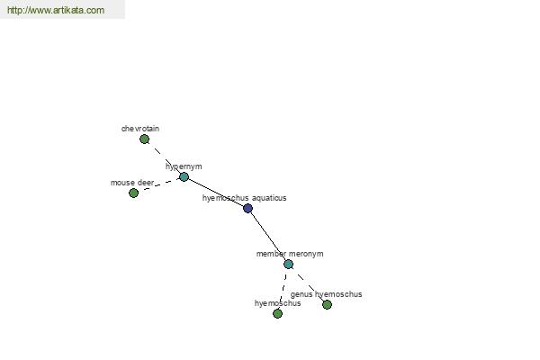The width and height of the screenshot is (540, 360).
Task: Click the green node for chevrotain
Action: (144, 139)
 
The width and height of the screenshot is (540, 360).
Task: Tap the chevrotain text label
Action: (140, 129)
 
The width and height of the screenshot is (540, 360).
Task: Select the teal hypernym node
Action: (184, 177)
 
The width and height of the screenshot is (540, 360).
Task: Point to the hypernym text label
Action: (184, 166)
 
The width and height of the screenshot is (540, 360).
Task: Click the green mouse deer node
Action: (133, 193)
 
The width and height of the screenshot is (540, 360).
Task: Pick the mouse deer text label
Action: (132, 183)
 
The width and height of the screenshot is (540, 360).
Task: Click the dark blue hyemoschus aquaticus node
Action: (247, 208)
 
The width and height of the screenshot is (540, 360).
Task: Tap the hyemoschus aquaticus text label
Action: (244, 198)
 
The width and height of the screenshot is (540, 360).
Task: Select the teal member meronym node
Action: (288, 265)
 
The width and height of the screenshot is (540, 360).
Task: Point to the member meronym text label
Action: (290, 254)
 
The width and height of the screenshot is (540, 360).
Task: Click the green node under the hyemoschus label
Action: (277, 313)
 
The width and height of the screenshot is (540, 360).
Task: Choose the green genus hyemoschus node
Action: (327, 304)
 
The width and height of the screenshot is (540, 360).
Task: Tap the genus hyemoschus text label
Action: (326, 294)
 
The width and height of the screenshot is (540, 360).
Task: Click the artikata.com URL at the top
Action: (56, 10)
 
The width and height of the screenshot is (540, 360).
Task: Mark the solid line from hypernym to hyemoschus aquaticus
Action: (216, 193)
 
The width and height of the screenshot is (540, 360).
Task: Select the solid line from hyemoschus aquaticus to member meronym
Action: (268, 237)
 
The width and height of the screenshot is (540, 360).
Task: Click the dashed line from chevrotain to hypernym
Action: (165, 158)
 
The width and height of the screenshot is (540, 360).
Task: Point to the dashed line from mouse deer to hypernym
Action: (158, 185)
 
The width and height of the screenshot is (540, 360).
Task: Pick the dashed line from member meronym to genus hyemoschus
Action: (308, 284)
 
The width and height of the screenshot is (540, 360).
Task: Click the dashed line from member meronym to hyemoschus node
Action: (283, 289)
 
